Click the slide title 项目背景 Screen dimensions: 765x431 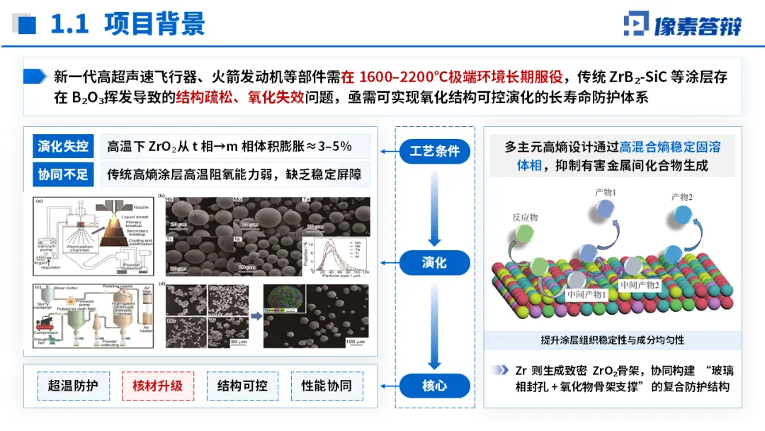[154, 24]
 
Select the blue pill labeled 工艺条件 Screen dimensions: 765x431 [434, 151]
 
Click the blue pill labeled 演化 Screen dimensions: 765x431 [434, 262]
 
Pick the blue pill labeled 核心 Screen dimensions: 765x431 [434, 386]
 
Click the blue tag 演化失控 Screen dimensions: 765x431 [63, 147]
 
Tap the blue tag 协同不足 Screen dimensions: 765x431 [63, 174]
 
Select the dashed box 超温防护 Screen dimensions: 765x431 [73, 386]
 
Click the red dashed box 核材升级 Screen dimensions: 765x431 [158, 386]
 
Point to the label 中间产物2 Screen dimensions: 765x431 [639, 285]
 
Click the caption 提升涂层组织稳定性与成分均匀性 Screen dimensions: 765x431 [613, 340]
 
